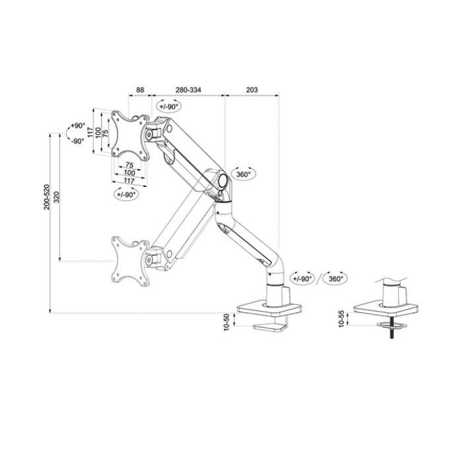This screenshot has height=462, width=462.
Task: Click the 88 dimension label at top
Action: click(x=140, y=90)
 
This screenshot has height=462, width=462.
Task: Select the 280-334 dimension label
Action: click(x=189, y=90)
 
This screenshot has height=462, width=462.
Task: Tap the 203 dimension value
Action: click(x=251, y=90)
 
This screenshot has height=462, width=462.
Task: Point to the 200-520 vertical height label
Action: click(x=47, y=197)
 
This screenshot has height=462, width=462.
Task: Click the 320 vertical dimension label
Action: click(x=57, y=197)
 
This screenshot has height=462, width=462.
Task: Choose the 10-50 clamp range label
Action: click(x=226, y=322)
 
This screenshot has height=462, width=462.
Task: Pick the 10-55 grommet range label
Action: click(x=341, y=319)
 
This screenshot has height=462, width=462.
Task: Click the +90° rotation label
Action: click(x=78, y=125)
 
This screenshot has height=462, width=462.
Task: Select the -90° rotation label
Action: click(x=78, y=141)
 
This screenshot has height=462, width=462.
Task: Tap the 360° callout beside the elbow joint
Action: click(x=244, y=174)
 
